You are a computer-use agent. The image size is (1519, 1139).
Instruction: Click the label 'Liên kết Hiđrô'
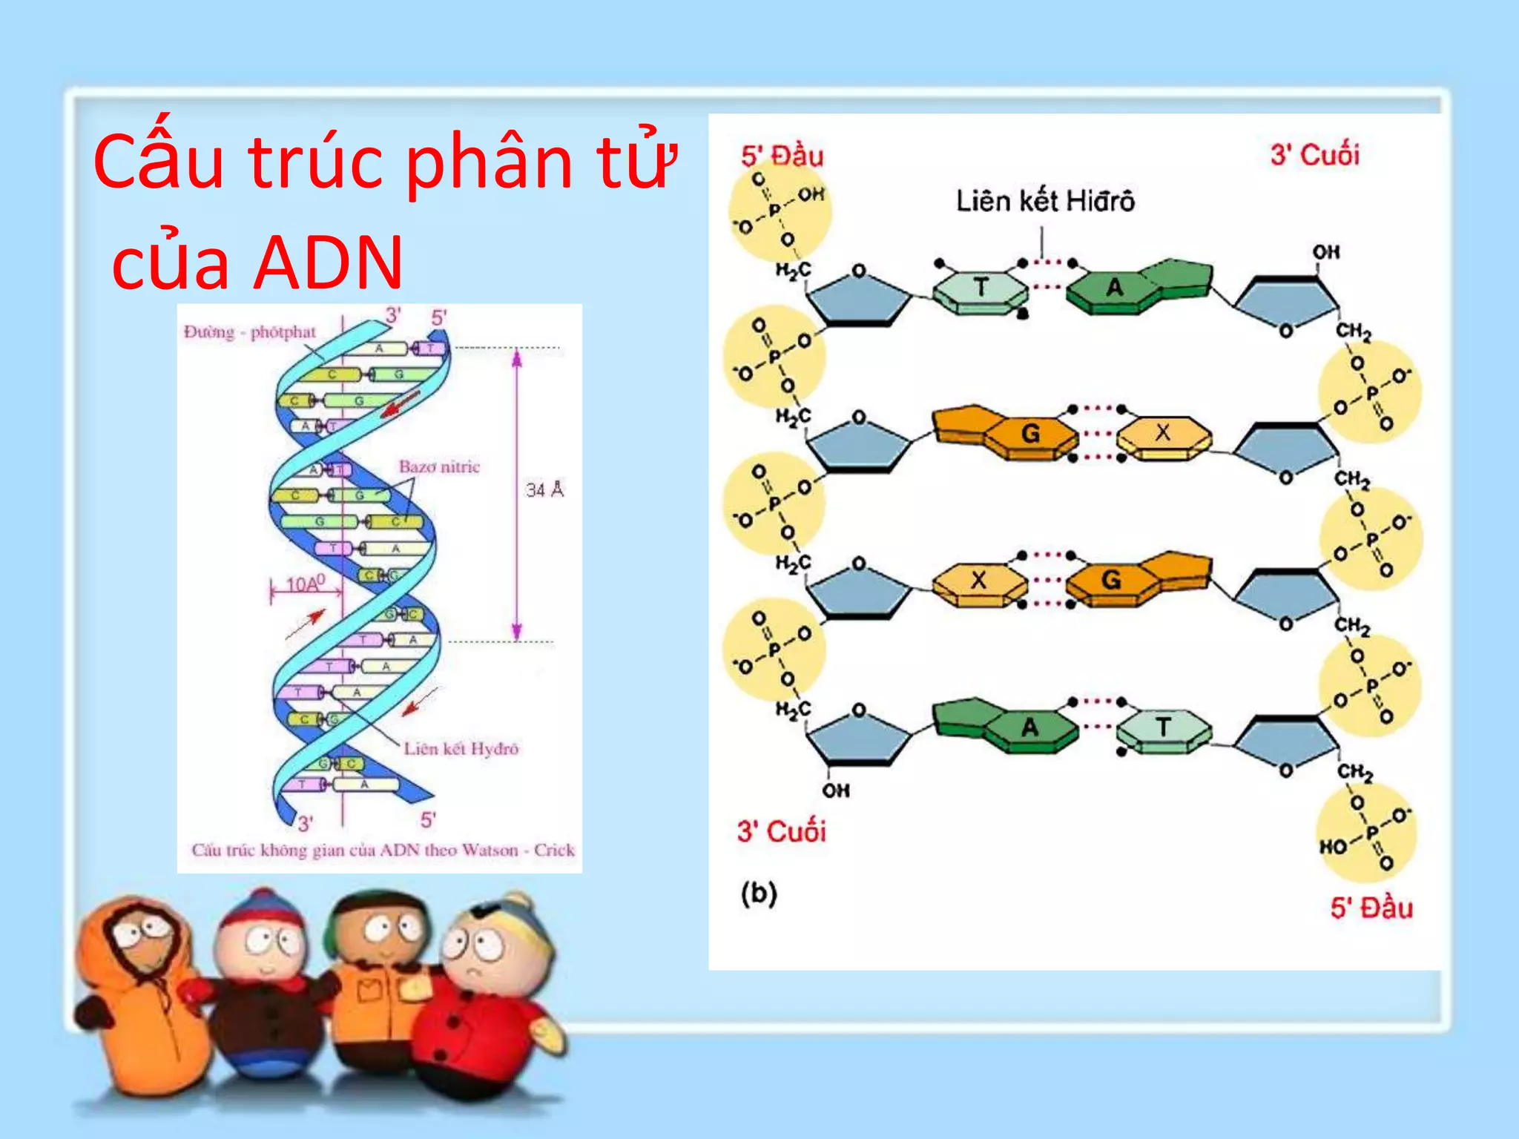pos(1044,202)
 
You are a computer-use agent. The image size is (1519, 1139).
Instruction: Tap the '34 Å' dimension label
pos(545,489)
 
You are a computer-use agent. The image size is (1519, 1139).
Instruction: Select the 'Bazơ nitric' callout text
pos(439,467)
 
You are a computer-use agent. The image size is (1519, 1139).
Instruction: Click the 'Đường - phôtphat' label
pos(250,331)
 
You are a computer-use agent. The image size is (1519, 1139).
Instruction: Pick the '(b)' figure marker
pos(758,893)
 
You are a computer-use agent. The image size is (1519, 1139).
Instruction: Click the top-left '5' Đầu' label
pos(782,156)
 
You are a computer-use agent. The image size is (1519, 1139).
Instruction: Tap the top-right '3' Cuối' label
pos(1314,155)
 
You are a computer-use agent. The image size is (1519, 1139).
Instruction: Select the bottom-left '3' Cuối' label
pos(781,831)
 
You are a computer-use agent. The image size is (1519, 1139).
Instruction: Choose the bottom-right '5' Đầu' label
pos(1371,908)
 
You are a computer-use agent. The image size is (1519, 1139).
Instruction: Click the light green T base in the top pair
pos(981,288)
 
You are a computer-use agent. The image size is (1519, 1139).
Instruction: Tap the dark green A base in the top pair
pos(1115,288)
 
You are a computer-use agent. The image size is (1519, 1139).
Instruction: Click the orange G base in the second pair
pos(1030,433)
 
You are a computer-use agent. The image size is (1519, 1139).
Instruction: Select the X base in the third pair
pos(979,580)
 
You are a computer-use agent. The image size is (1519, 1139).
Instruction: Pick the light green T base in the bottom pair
pos(1162,727)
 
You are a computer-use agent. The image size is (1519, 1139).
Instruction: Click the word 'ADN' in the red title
pos(329,262)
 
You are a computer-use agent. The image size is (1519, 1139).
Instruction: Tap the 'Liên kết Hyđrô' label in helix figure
pos(461,748)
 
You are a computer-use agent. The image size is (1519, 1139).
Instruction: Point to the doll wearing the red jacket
pos(482,1016)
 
